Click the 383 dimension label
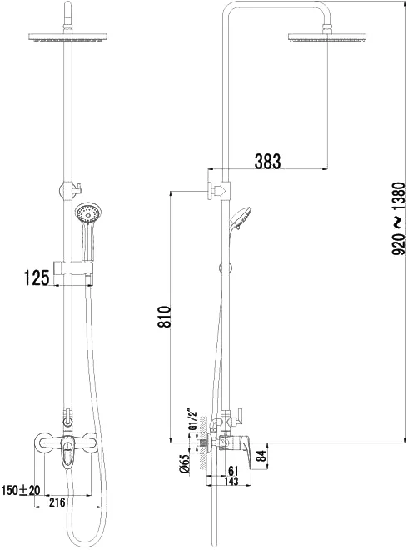coord(268,162)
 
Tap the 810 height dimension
coord(164,317)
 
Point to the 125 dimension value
coord(36,278)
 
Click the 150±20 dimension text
coord(22,490)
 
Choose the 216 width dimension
coord(57,502)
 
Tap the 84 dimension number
coord(261,457)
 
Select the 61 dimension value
coord(233,470)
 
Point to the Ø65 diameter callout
coord(185,463)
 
